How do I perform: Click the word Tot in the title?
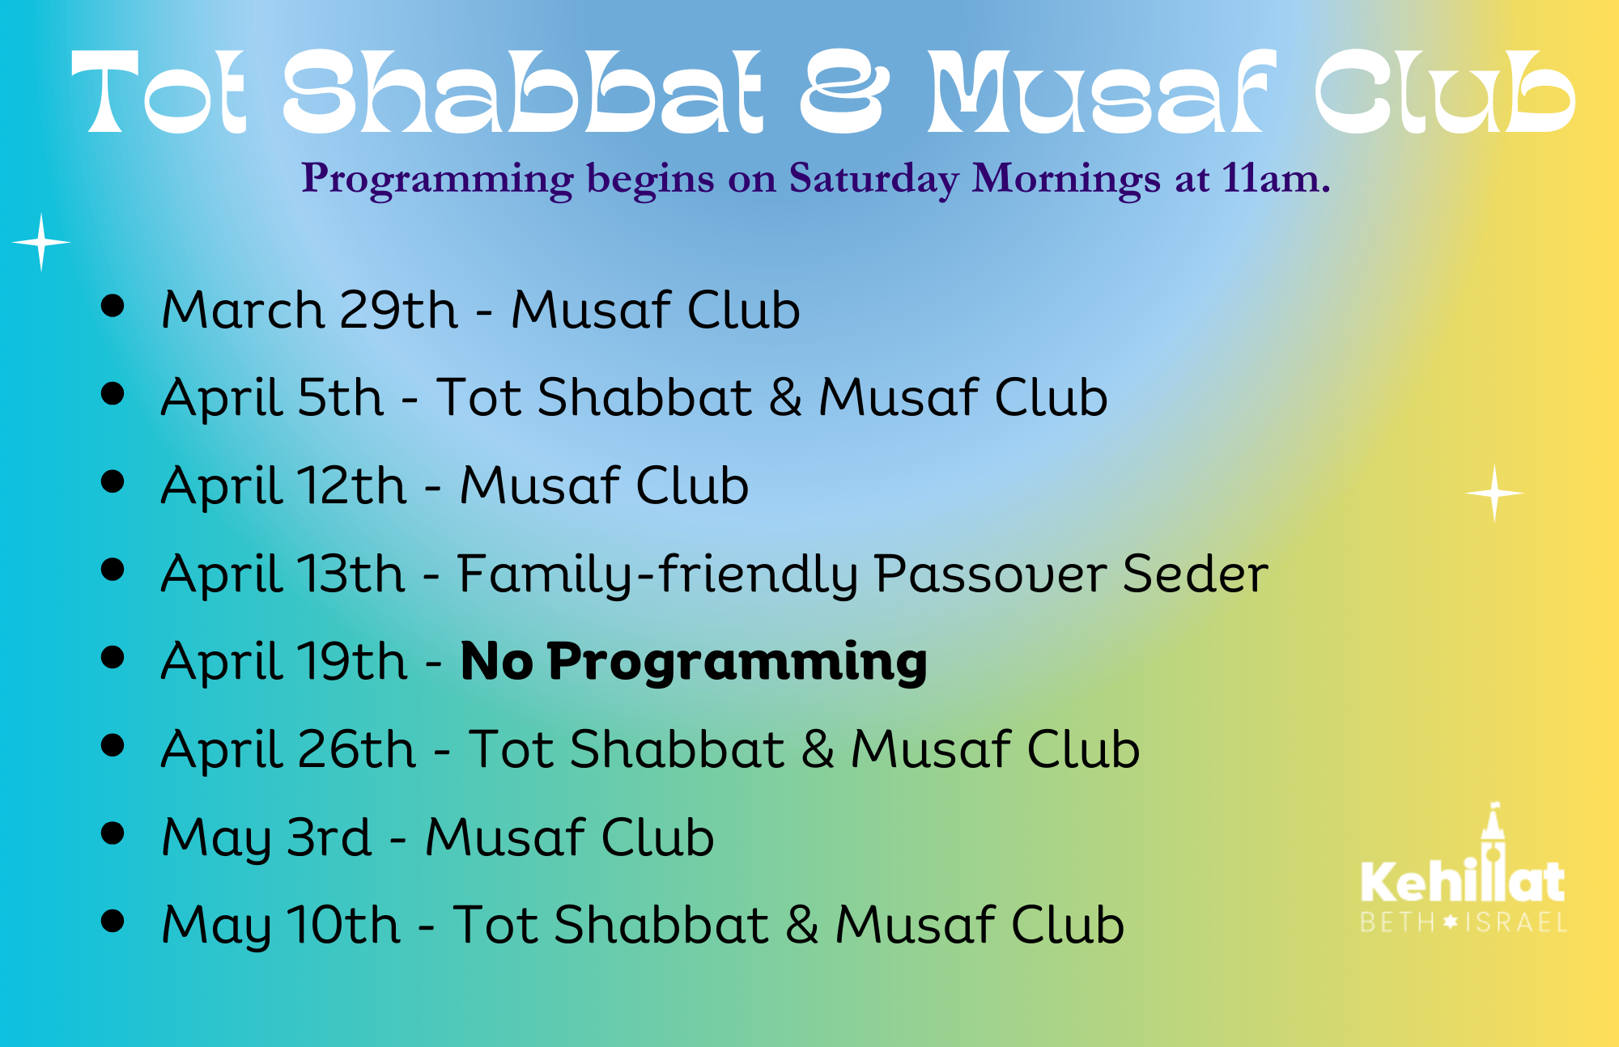159,91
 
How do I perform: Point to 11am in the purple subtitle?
1276,178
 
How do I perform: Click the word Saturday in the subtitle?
873,179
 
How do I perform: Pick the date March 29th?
310,310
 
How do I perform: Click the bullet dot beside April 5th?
113,393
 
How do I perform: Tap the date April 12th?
284,485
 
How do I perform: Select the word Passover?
991,574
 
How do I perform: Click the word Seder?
1196,574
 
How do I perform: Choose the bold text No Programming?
694,663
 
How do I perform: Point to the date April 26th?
288,749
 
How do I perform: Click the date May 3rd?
266,837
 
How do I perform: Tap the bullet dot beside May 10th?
113,921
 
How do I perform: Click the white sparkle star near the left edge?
41,242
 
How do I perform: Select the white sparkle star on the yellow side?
1494,493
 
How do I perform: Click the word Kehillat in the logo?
1463,881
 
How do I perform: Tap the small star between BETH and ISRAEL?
1451,922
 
